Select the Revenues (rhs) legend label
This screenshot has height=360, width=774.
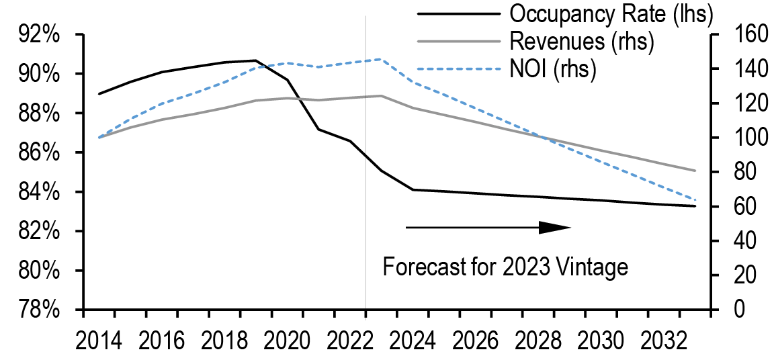click(x=582, y=42)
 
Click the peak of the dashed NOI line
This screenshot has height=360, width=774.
click(x=381, y=59)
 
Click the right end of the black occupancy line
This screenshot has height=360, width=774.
click(x=695, y=206)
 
